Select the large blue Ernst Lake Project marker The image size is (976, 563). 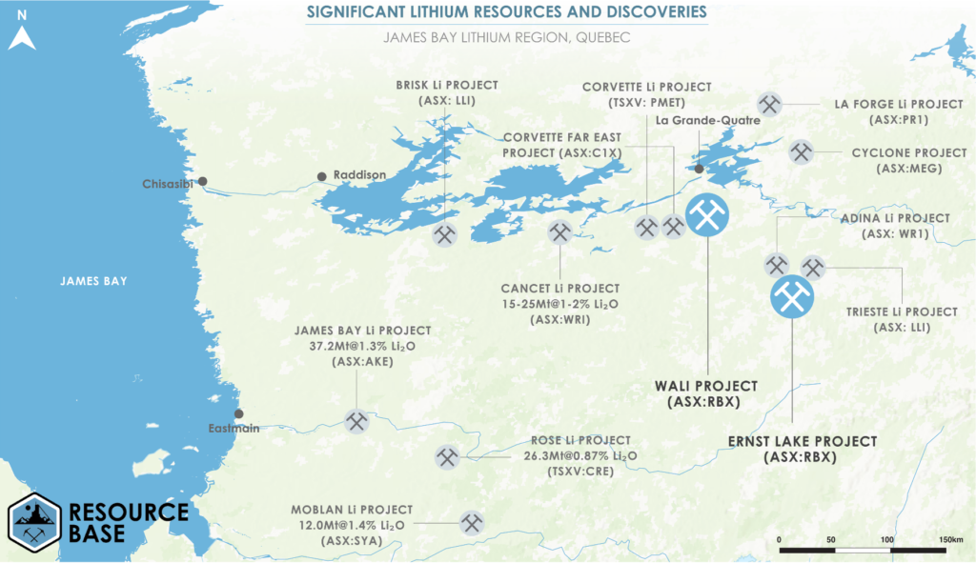pyautogui.click(x=792, y=297)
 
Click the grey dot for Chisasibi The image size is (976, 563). pyautogui.click(x=201, y=181)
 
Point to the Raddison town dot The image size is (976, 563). pyautogui.click(x=322, y=176)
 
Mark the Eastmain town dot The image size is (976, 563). pyautogui.click(x=239, y=413)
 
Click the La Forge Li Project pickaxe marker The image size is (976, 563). pyautogui.click(x=769, y=105)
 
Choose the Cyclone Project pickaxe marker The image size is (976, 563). pyautogui.click(x=801, y=151)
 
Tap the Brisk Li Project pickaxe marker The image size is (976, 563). pyautogui.click(x=445, y=234)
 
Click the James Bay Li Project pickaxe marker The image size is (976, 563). pyautogui.click(x=356, y=421)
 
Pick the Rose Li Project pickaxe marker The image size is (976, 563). pyautogui.click(x=446, y=457)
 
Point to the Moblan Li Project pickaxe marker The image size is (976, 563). pyautogui.click(x=472, y=522)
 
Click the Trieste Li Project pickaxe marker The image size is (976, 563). pyautogui.click(x=812, y=267)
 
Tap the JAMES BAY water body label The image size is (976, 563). pyautogui.click(x=92, y=281)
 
